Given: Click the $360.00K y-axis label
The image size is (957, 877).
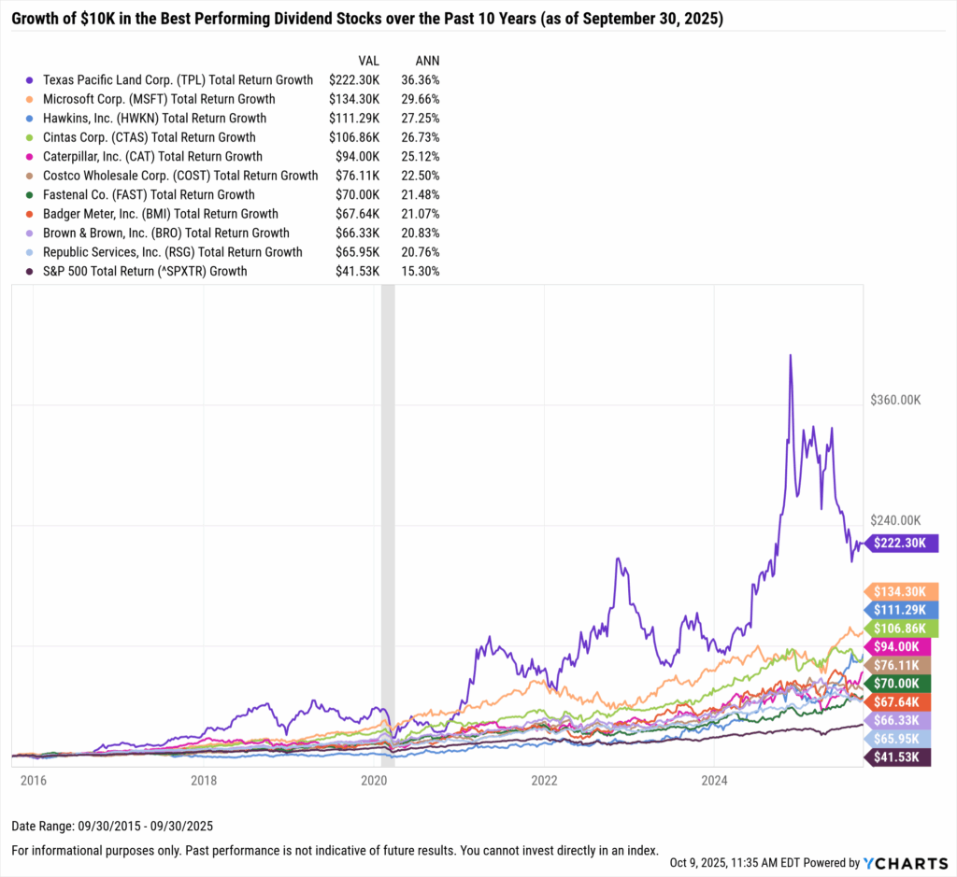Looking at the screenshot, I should coord(895,400).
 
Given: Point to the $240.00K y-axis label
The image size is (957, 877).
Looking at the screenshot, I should coord(895,520).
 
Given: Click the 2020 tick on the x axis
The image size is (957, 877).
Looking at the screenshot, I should coord(374,779).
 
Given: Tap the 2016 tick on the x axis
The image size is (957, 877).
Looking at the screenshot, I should coord(33,779).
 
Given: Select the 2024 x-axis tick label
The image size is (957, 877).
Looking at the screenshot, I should coord(714,779).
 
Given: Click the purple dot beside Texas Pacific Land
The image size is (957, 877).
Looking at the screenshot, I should coord(33,80).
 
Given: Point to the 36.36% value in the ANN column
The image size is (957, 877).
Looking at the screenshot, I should coord(420,80).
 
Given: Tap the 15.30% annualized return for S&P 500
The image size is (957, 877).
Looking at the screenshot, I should coord(420,271).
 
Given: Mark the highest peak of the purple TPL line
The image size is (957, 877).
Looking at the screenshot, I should coord(791,356).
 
